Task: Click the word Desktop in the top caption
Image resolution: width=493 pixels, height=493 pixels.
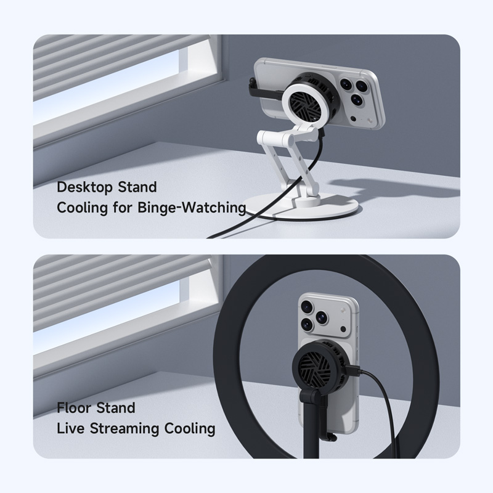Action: [x=85, y=188]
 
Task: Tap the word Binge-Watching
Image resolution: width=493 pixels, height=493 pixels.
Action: [x=192, y=208]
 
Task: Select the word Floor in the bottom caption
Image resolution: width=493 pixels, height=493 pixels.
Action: [x=75, y=408]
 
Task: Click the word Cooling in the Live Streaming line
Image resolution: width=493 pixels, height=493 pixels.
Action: [x=190, y=430]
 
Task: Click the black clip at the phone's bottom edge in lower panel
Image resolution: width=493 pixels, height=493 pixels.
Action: [x=330, y=436]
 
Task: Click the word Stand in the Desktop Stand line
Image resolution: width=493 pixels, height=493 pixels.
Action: [x=137, y=188]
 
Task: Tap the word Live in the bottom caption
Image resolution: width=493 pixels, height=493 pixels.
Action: [x=71, y=429]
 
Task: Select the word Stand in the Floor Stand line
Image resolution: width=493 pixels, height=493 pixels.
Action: [x=116, y=408]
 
